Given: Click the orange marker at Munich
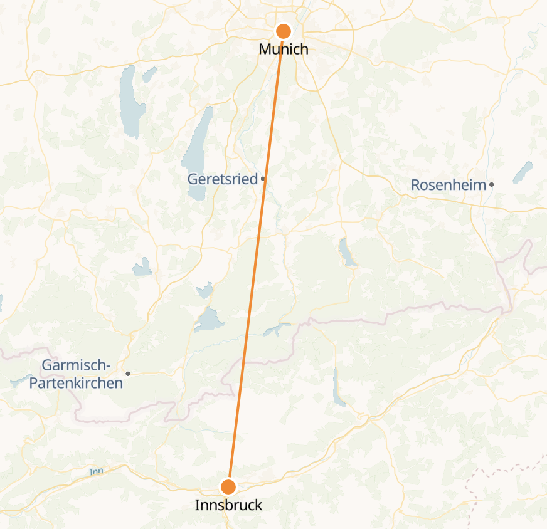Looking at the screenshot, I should tap(284, 31).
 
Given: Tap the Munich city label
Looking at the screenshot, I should tap(284, 49).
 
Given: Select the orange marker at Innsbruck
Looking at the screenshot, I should tap(228, 486).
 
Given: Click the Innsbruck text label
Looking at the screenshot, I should tap(228, 505).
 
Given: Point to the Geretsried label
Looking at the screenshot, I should tap(222, 179).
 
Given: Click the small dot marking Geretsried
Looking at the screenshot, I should tap(263, 179).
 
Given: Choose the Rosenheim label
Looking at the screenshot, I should tap(448, 185).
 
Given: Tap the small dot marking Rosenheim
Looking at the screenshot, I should tap(492, 184).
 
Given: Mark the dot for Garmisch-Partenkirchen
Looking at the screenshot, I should tap(128, 374).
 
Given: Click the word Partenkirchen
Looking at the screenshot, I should tap(76, 382).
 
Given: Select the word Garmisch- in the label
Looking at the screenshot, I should tap(76, 365).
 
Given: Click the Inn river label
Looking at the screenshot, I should tap(95, 471).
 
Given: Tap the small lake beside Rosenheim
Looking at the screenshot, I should tap(523, 172).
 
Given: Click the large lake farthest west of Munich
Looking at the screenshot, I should tap(132, 100).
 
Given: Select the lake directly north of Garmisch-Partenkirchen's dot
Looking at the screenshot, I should tap(142, 267).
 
